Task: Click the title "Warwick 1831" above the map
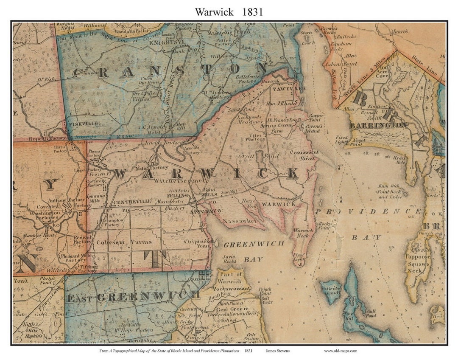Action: [229, 11]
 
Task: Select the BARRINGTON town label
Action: [378, 125]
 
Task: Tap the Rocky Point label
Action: [324, 225]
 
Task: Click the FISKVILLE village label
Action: [83, 123]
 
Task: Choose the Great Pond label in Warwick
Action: [259, 156]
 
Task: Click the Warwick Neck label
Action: [302, 233]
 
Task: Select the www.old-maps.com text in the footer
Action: [341, 351]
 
